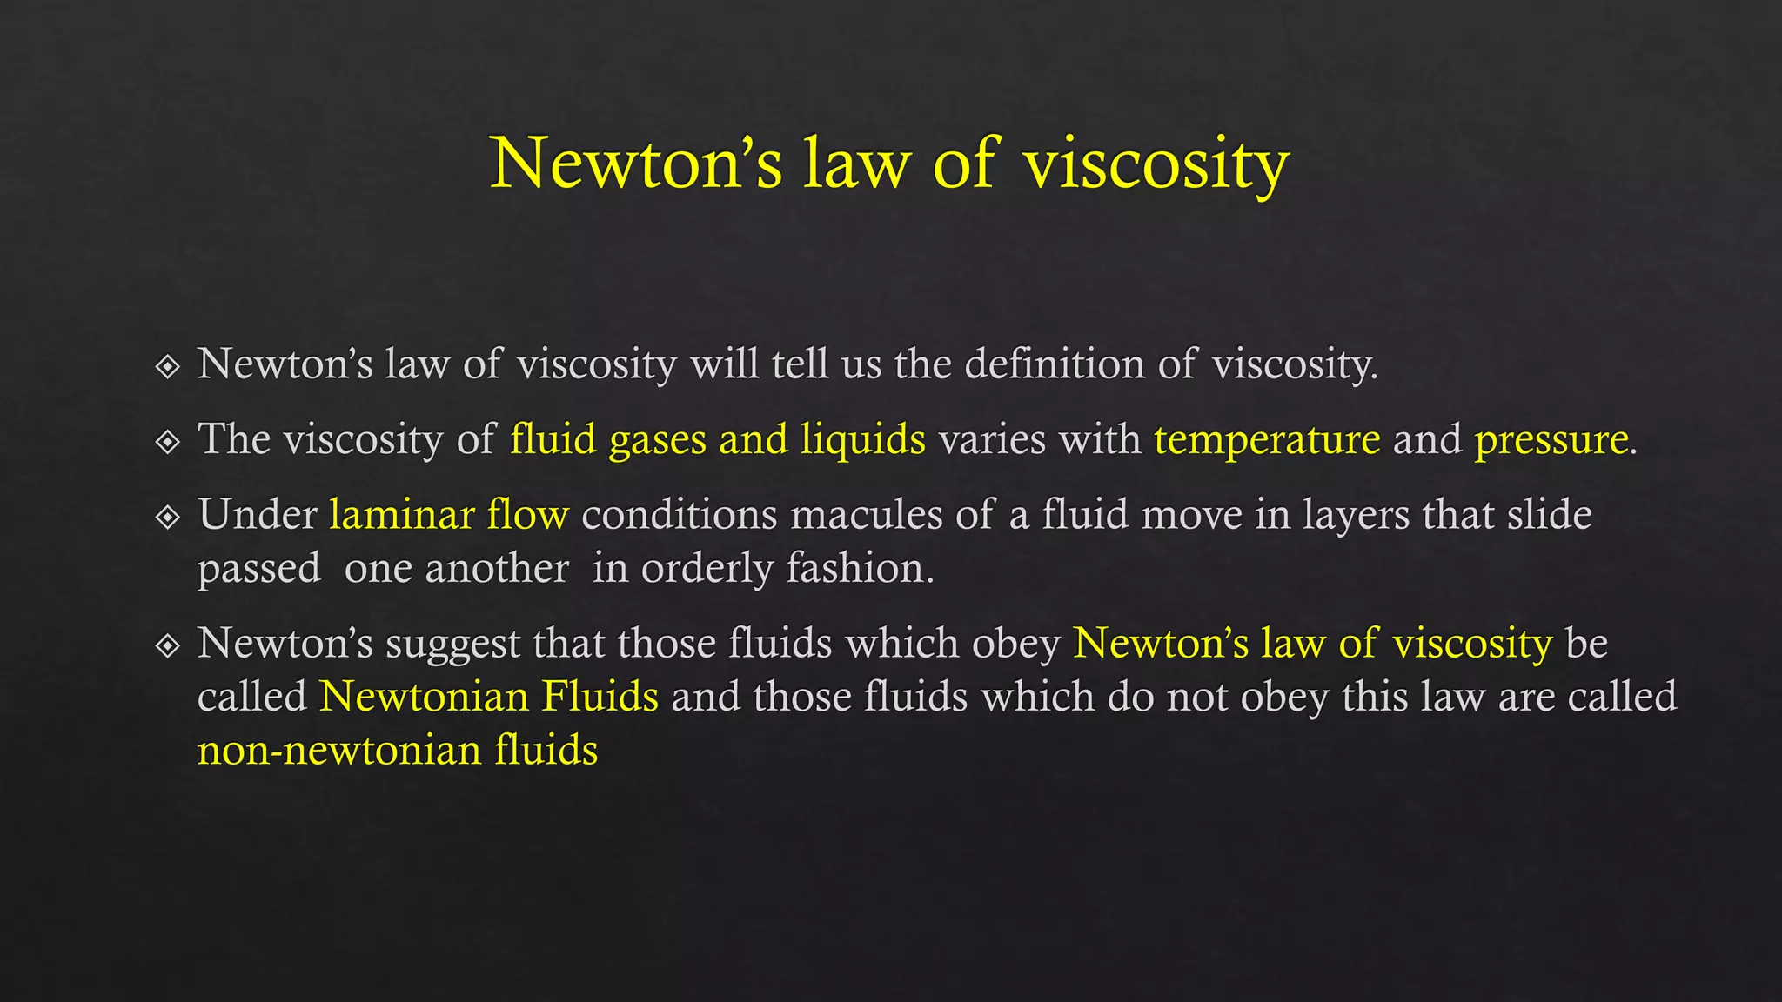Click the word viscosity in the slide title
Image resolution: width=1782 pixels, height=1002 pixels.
[1156, 164]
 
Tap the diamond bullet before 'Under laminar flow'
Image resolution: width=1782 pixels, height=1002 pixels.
[167, 518]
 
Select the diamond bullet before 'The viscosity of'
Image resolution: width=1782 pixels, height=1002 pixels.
[167, 442]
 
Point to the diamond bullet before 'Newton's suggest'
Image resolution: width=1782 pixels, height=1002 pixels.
[167, 645]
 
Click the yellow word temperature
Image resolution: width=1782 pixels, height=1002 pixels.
[1267, 440]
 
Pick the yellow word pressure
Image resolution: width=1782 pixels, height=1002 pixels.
[1551, 440]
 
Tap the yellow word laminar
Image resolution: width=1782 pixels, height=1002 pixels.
[402, 514]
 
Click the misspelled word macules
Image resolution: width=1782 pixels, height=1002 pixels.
[867, 514]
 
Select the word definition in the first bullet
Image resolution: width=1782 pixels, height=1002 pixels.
[1055, 364]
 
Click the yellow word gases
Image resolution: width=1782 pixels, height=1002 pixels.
[657, 440]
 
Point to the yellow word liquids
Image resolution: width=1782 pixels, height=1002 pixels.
[862, 440]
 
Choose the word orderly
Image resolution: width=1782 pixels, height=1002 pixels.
[707, 569]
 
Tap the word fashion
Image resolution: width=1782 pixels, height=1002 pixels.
[860, 568]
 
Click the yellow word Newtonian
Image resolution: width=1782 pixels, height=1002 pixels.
[425, 697]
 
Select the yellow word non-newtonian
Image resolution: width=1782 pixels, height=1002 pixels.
[339, 750]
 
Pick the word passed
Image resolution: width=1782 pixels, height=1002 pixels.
[259, 569]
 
